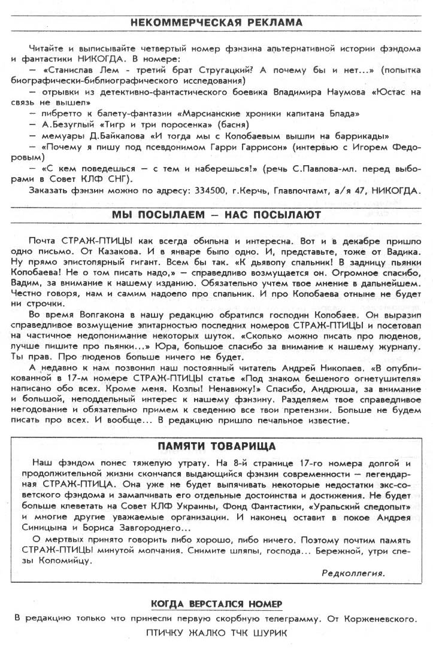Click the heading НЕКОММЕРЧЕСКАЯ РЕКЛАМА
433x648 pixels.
pyautogui.click(x=216, y=23)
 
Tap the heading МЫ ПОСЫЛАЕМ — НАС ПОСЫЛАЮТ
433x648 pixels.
pyautogui.click(x=216, y=214)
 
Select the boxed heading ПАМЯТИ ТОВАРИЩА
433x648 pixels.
pyautogui.click(x=216, y=446)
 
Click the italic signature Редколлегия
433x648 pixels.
pyautogui.click(x=353, y=573)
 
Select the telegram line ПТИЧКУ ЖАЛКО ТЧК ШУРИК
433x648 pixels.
pyautogui.click(x=216, y=632)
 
